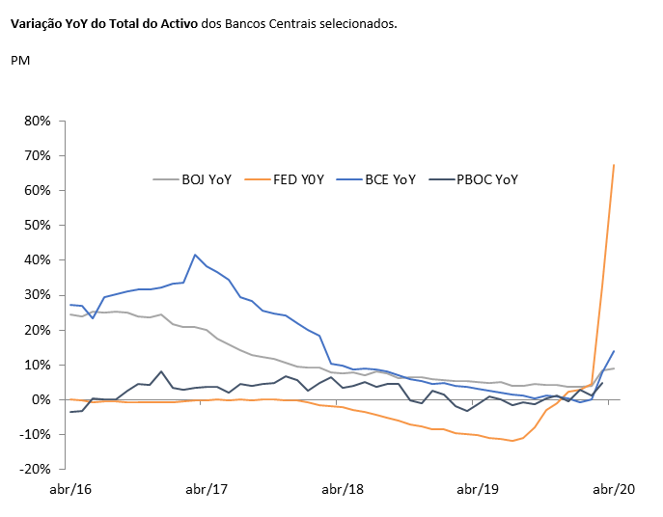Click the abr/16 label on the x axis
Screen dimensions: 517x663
pos(69,490)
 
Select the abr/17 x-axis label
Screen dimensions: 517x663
pos(206,490)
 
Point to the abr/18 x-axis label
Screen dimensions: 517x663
pos(342,490)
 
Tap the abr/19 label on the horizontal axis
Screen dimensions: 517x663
pos(478,490)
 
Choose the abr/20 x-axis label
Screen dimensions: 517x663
pos(613,490)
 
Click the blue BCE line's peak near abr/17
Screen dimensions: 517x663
pos(195,255)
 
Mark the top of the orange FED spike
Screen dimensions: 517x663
pos(614,165)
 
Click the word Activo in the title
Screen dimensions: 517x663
pos(178,23)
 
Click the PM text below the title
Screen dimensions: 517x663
pos(20,61)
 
